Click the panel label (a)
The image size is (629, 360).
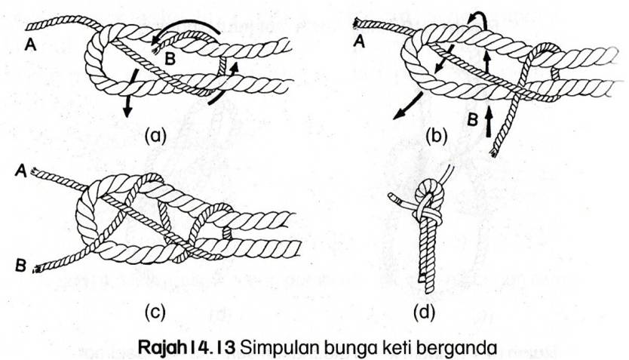pos(153,136)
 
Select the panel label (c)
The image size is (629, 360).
pos(153,309)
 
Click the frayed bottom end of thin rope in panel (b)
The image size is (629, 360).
pos(494,154)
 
